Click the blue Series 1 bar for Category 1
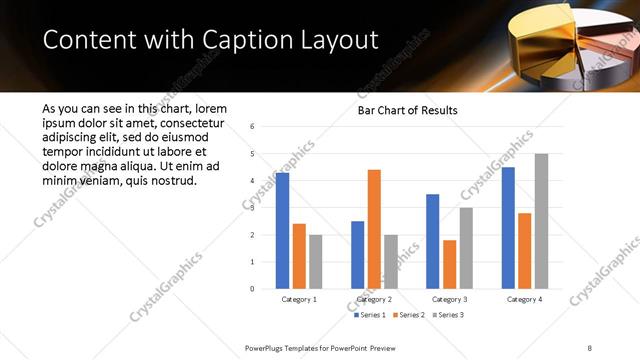click(x=283, y=231)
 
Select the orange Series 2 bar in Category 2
click(x=374, y=229)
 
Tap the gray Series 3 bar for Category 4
click(x=541, y=221)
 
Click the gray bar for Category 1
click(x=316, y=262)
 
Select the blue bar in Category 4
click(x=508, y=228)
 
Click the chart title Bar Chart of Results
click(x=408, y=110)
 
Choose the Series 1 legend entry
click(x=370, y=315)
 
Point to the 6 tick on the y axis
click(x=252, y=127)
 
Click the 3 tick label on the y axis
click(x=252, y=208)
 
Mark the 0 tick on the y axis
click(x=252, y=289)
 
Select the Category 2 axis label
click(x=374, y=299)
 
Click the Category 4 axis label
click(x=524, y=299)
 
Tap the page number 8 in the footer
click(x=590, y=347)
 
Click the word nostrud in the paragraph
click(x=169, y=181)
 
